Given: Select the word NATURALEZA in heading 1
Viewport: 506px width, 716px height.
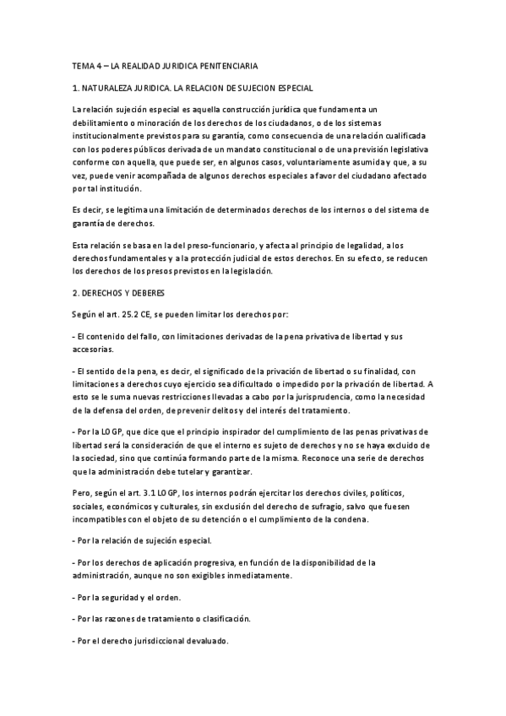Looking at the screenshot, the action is [111, 88].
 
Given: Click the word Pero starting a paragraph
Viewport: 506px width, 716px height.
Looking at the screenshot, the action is [83, 491].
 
